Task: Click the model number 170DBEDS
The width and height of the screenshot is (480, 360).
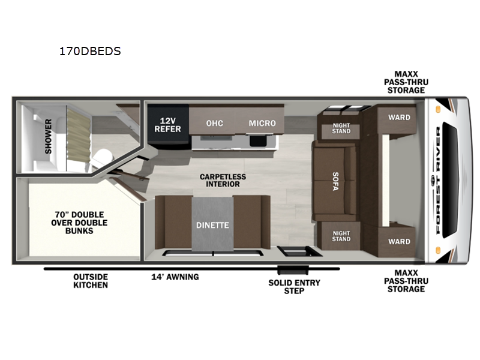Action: [90, 51]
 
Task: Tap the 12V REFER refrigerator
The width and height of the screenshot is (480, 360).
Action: [168, 126]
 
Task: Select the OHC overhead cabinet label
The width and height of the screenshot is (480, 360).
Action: [215, 124]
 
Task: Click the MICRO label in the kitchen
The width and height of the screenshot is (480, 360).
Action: [262, 124]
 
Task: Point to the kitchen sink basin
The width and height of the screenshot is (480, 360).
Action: [258, 141]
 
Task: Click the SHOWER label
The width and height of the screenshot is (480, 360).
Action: [49, 136]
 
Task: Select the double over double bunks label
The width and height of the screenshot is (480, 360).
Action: [79, 223]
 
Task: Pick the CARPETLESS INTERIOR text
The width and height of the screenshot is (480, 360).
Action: [223, 181]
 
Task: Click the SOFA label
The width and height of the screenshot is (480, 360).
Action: [336, 182]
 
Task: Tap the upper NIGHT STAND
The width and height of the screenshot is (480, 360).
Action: [341, 128]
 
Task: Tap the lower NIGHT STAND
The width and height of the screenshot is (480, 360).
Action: [341, 236]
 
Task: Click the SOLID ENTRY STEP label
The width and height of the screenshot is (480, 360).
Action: [294, 287]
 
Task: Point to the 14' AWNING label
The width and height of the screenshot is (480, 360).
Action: [175, 277]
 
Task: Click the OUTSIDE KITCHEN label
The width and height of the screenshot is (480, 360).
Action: [91, 281]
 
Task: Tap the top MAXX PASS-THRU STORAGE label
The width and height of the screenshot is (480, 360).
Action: [406, 82]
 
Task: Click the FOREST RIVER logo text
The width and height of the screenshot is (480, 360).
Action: [438, 181]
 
